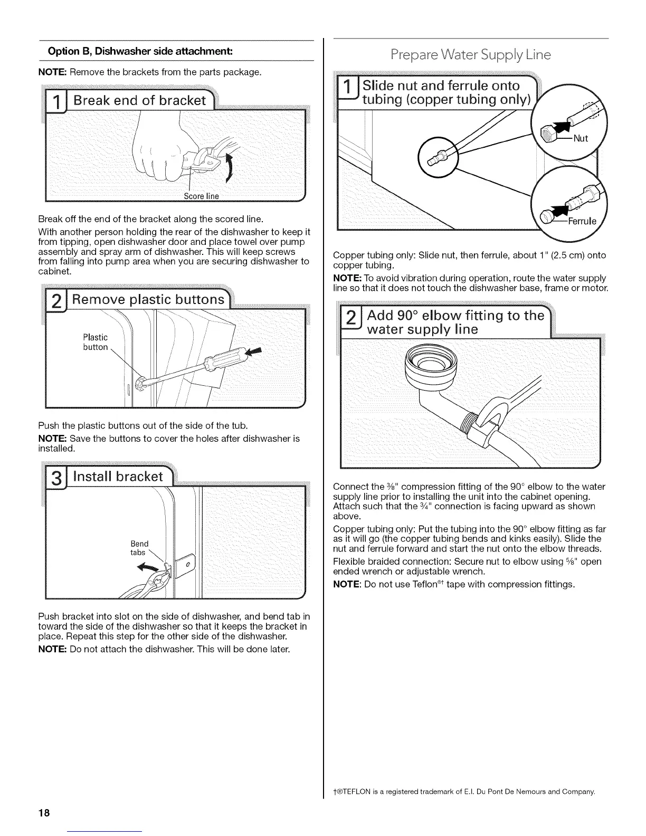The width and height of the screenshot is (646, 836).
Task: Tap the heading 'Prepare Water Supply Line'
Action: pos(470,55)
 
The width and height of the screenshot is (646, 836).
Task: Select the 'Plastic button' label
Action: pos(95,342)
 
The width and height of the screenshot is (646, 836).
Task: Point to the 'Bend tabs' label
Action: pos(139,548)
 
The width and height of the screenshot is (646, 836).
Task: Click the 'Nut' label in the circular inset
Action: pos(580,139)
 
